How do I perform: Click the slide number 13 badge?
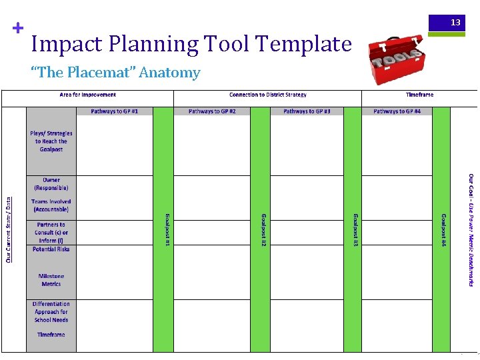(455, 23)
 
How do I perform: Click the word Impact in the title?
(65, 44)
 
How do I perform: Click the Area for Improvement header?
(88, 95)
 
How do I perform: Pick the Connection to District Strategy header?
(267, 95)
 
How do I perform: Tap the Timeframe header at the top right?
(419, 95)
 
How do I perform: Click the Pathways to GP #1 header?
(115, 111)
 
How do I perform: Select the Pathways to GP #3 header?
(307, 111)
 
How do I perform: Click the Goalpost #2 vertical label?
(263, 231)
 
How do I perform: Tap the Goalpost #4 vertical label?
(443, 231)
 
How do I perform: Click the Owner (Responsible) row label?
(51, 184)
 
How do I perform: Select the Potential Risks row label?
(51, 249)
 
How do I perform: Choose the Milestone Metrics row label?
(51, 280)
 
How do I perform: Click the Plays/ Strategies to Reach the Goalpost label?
(51, 141)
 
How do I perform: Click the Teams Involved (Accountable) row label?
(51, 205)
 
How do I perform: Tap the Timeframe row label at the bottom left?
(51, 335)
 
